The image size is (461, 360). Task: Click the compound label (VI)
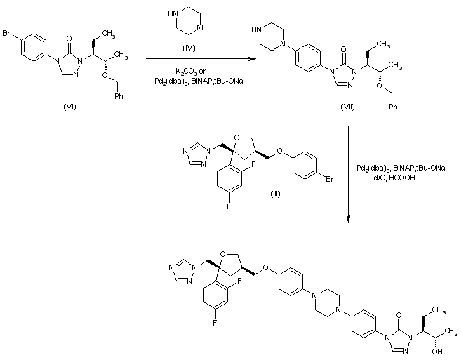coord(68,107)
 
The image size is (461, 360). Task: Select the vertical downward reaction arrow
coord(349,175)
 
